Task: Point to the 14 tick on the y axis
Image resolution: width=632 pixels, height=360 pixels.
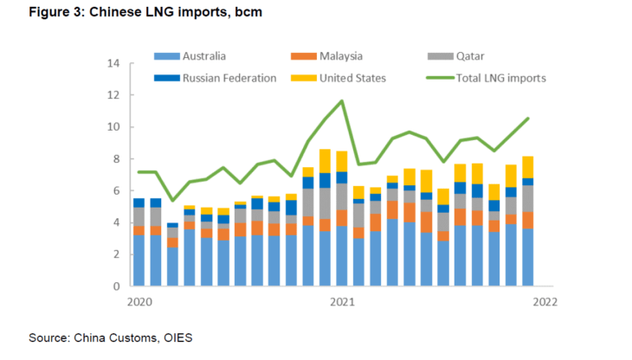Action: [112, 64]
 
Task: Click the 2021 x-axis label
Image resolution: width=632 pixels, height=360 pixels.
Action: [343, 302]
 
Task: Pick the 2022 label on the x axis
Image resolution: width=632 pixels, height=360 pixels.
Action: [545, 302]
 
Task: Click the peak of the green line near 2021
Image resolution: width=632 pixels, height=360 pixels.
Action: [343, 101]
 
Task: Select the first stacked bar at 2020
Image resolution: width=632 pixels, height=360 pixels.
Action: [139, 241]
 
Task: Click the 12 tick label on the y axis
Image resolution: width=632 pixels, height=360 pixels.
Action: [112, 95]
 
